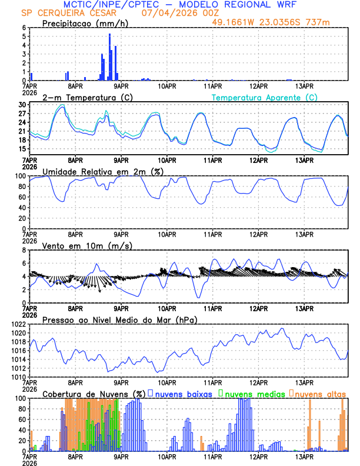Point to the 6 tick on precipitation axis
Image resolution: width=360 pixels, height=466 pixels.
click(x=23, y=28)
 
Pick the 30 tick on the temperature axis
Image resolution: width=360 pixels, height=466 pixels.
click(x=22, y=105)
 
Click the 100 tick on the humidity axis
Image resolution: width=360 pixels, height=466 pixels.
click(x=20, y=176)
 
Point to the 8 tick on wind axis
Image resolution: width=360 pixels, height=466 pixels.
click(x=23, y=250)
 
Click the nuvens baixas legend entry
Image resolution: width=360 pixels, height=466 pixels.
click(x=182, y=393)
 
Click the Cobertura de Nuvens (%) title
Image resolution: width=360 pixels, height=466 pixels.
click(x=94, y=393)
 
